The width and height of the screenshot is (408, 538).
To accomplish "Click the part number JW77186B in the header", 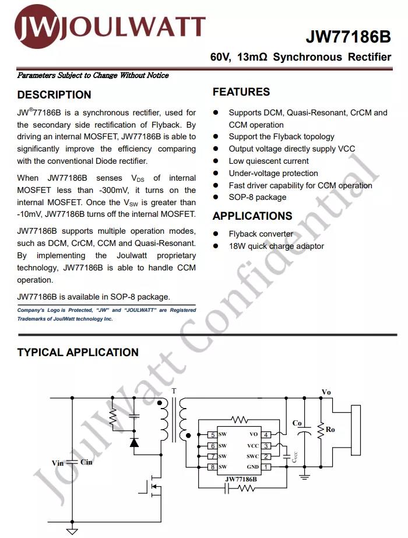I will [349, 37].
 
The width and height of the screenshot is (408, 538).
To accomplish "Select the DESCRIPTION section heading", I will [54, 94].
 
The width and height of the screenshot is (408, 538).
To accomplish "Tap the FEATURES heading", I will [241, 92].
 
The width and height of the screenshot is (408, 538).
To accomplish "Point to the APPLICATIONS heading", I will [252, 216].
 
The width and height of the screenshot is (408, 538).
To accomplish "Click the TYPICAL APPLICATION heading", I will [78, 352].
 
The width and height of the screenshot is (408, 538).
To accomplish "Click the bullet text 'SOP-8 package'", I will [257, 198].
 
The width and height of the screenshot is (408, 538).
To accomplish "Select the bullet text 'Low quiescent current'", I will [269, 161].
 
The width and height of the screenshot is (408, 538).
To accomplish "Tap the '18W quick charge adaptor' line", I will [276, 246].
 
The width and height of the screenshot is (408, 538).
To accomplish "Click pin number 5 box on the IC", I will [213, 435].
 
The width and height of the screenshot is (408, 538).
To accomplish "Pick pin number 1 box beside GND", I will [266, 467].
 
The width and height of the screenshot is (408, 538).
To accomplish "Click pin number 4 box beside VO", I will [266, 435].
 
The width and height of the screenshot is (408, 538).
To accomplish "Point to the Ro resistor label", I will [330, 430].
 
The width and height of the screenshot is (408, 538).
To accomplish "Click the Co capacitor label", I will [297, 423].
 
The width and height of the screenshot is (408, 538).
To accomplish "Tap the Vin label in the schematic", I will [57, 463].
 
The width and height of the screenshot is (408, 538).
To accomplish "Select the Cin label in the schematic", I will [86, 462].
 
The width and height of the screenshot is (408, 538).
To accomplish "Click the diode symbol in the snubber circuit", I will [135, 442].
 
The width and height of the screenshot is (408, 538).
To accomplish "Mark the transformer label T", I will [173, 391].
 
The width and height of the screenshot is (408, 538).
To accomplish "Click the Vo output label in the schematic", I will [326, 392].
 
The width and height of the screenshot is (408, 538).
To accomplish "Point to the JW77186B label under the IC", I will [241, 479].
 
